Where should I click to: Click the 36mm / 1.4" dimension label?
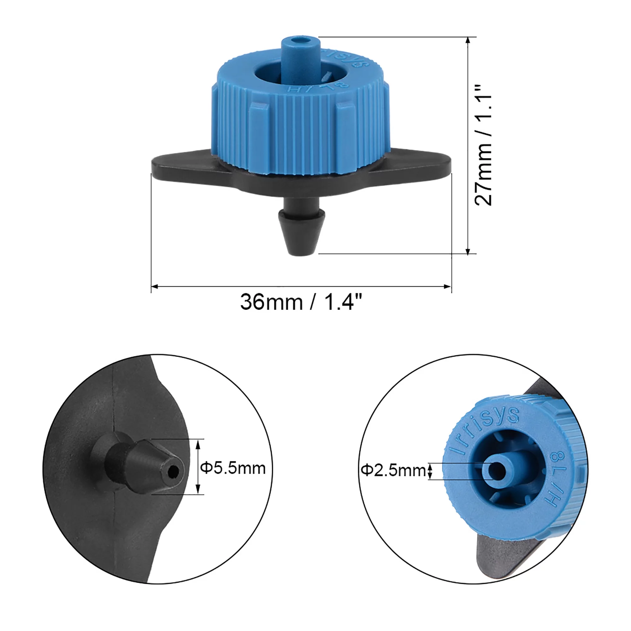[x=301, y=302]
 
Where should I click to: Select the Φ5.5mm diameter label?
[x=233, y=468]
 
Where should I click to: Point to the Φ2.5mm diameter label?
[x=393, y=471]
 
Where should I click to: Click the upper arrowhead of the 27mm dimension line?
[x=468, y=40]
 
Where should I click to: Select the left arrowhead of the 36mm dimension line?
[x=155, y=286]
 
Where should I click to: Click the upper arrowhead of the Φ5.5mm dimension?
[x=198, y=442]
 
